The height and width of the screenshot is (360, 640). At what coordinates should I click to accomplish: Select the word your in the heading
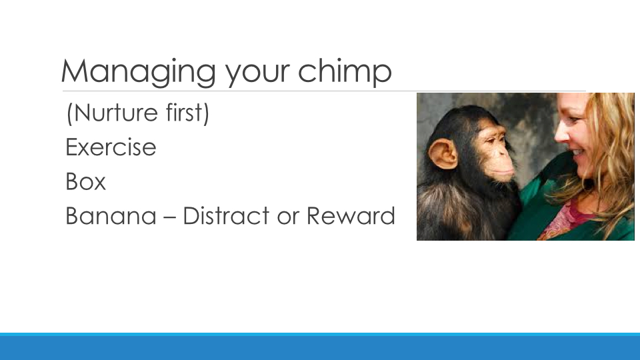[257, 75]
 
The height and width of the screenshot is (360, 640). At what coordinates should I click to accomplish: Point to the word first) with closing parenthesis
[188, 113]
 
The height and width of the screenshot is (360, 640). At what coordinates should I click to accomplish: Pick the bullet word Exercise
[111, 147]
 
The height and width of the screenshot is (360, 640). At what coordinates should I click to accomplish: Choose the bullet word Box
[85, 181]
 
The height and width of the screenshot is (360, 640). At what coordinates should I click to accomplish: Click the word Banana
[111, 215]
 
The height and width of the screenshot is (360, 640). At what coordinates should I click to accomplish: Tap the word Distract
[226, 215]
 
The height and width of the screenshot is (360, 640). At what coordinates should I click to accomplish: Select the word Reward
[351, 215]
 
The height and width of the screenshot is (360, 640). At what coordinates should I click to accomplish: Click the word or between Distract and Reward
[288, 218]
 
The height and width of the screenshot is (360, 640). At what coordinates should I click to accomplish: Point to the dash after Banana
[169, 218]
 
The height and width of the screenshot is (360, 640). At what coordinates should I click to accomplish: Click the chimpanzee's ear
[443, 153]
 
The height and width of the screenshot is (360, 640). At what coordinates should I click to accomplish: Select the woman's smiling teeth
[578, 152]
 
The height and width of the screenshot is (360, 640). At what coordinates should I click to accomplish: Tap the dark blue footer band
[320, 348]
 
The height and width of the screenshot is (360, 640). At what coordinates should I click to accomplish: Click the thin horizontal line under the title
[324, 91]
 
